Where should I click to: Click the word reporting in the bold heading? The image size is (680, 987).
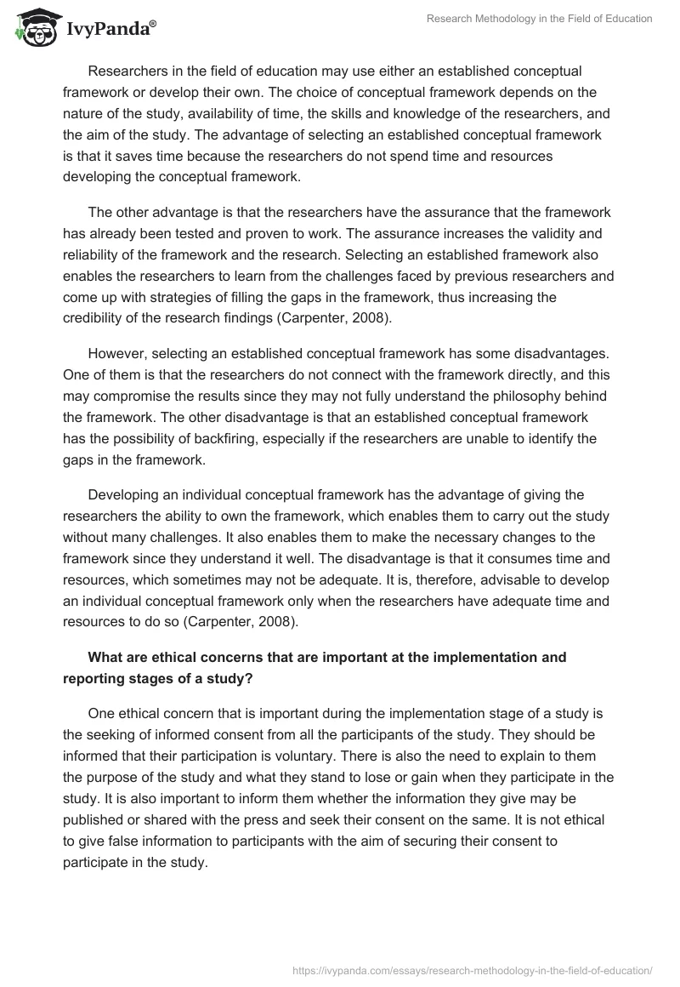pyautogui.click(x=98, y=679)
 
